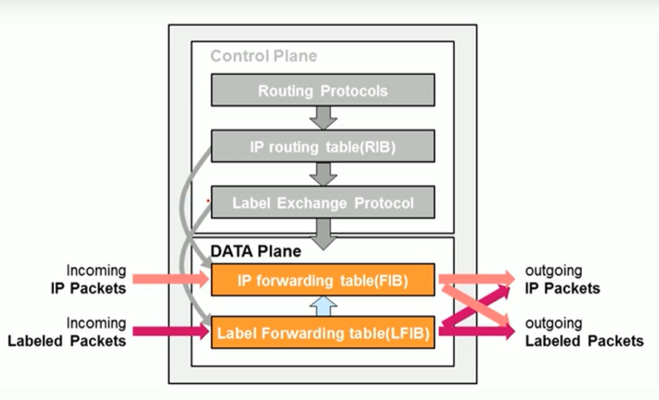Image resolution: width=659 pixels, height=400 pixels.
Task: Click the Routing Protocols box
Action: point(322,90)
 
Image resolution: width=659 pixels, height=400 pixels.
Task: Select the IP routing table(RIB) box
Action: point(322,147)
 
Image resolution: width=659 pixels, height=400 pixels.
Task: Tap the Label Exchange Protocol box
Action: point(322,203)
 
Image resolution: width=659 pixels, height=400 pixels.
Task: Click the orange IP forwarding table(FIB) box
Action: point(322,280)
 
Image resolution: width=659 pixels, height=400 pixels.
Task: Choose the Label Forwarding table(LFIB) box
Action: point(322,332)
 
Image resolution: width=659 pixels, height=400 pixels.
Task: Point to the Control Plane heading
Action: point(263,56)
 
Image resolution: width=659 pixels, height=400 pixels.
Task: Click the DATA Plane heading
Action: point(256,251)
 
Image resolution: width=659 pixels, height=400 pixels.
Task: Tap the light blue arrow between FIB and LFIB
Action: point(323,306)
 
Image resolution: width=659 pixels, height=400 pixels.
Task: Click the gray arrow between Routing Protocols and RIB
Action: point(323,118)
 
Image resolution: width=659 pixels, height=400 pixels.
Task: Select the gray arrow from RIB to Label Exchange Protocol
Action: point(323,174)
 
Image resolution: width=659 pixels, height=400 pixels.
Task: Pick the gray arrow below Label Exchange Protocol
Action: point(323,234)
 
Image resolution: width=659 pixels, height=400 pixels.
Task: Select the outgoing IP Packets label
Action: point(562,279)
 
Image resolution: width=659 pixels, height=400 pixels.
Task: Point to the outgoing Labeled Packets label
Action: point(584,333)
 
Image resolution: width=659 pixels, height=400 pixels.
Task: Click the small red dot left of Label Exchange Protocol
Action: point(208,200)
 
